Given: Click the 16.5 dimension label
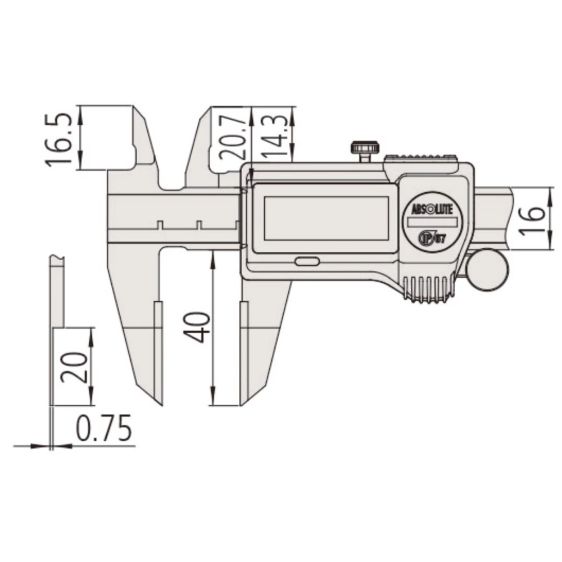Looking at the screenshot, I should [58, 138].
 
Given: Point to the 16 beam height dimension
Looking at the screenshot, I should [534, 219].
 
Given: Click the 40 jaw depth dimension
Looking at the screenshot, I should [198, 328].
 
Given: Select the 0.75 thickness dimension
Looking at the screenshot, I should [103, 429].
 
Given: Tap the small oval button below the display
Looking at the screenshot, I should [306, 261].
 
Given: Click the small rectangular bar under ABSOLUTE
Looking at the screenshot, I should [432, 223].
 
